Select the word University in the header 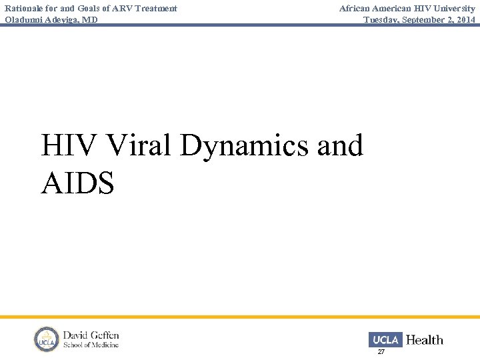(454, 9)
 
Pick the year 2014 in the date (466, 20)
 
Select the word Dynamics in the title (244, 146)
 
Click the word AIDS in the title (77, 183)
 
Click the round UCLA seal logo (47, 339)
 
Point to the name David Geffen (91, 335)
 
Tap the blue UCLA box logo (385, 340)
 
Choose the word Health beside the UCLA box (424, 340)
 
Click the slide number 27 (381, 351)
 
